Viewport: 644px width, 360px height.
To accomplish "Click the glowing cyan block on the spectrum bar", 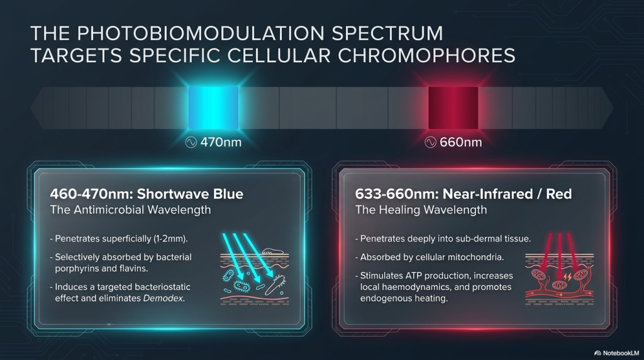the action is click(214, 108).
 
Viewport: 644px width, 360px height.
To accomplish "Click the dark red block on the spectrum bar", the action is click(453, 108).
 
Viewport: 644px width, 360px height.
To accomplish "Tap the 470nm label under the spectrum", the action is click(221, 142).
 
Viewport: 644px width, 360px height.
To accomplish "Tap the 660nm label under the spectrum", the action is click(460, 142).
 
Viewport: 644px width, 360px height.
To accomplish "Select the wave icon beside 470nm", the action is click(191, 142).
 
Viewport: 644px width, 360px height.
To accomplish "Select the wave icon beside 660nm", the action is click(430, 142).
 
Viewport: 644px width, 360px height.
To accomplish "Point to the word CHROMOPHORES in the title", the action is click(427, 55).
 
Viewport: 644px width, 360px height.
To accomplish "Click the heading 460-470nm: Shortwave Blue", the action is click(147, 194).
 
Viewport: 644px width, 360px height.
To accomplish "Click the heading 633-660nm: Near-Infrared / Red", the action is click(464, 194).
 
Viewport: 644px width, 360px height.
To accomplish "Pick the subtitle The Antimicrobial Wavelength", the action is click(131, 210).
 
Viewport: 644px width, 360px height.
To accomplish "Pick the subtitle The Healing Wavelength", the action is click(421, 210).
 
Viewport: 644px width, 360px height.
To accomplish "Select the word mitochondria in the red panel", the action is click(477, 257).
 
